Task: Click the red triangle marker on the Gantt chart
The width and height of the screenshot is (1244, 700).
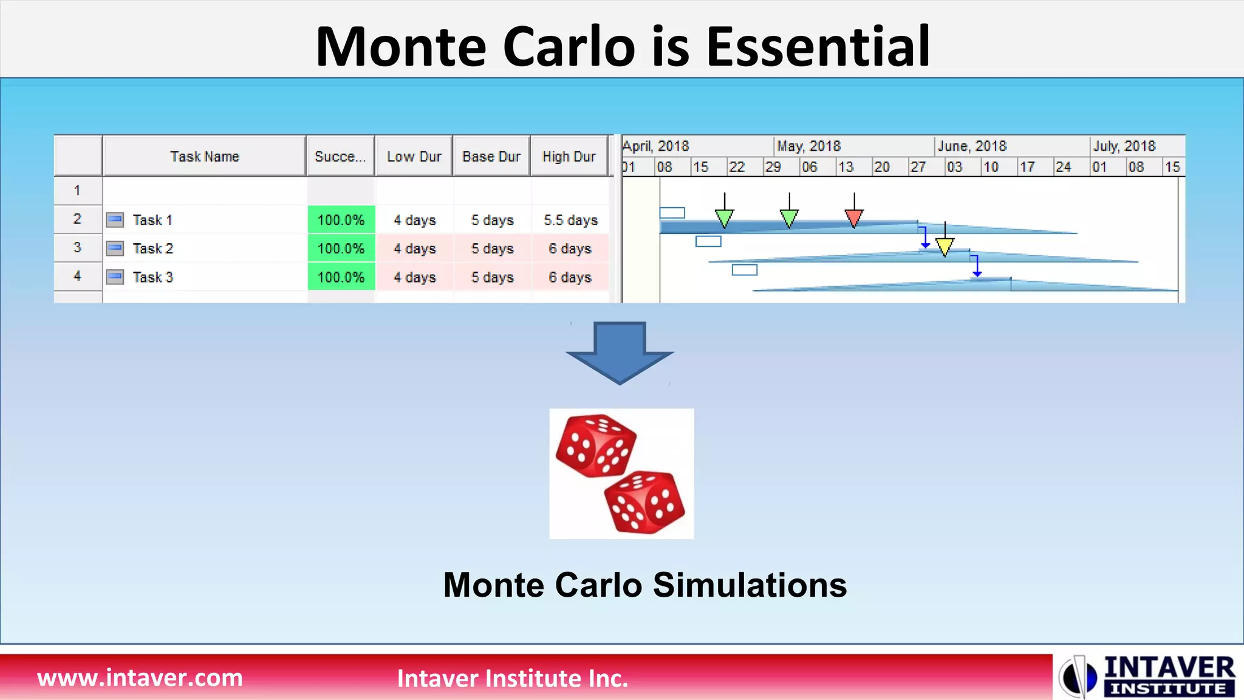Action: click(x=854, y=218)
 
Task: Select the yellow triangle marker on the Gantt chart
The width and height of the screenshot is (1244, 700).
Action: click(x=945, y=246)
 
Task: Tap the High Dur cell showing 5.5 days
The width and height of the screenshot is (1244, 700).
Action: click(x=570, y=220)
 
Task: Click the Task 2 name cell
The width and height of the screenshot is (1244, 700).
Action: click(x=153, y=249)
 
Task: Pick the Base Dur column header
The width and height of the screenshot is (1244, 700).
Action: click(x=491, y=157)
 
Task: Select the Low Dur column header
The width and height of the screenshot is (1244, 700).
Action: click(x=414, y=157)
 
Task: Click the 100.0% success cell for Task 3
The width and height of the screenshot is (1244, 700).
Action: click(x=341, y=277)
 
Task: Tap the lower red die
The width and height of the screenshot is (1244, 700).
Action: click(x=645, y=502)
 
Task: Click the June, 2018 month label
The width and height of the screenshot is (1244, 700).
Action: click(x=972, y=146)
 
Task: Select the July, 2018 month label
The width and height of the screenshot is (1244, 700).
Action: click(x=1124, y=146)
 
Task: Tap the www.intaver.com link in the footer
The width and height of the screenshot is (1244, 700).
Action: click(x=140, y=678)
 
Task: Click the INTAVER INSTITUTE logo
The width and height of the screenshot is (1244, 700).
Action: click(x=1148, y=676)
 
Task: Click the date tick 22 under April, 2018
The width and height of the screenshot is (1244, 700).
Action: click(x=736, y=167)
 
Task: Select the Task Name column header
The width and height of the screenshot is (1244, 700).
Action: click(x=205, y=157)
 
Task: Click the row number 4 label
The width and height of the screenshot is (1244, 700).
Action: click(x=77, y=276)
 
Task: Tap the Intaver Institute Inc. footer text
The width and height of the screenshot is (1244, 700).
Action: click(x=513, y=679)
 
